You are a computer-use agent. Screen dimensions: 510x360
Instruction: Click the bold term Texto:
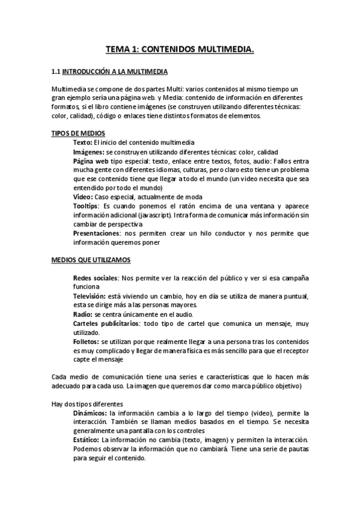82,143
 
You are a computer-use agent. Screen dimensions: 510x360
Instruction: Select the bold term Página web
91,161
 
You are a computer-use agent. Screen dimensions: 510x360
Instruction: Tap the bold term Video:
83,197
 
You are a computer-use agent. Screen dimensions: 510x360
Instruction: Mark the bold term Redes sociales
95,278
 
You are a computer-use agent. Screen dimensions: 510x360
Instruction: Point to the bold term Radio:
82,314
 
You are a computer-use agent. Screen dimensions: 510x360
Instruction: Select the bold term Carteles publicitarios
106,323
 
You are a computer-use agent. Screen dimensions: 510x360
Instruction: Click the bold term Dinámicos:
90,413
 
